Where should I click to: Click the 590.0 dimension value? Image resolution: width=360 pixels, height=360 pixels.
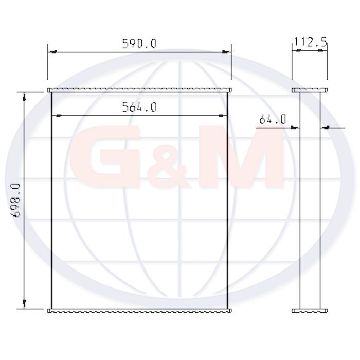click(x=139, y=44)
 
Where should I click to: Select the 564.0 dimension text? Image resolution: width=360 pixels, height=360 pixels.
click(x=139, y=107)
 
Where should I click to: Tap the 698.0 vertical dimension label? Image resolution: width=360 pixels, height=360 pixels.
click(x=15, y=200)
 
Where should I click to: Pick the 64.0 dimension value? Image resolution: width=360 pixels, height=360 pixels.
click(x=273, y=119)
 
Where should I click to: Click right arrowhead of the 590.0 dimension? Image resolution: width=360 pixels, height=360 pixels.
click(x=226, y=52)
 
